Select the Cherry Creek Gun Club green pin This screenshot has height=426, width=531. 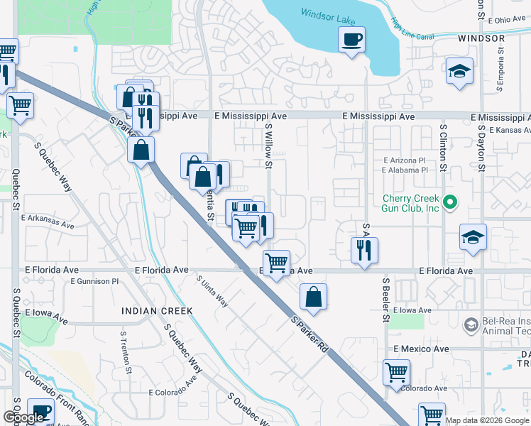[x=449, y=203]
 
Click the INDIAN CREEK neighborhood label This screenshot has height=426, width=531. [x=157, y=311]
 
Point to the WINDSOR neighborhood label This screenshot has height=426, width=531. [x=481, y=38]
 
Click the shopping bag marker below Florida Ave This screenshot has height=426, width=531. [x=313, y=297]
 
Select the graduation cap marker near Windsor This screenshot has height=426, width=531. [x=459, y=71]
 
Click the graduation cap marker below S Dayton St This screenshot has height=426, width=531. [x=473, y=237]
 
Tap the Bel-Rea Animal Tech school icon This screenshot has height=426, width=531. [x=470, y=325]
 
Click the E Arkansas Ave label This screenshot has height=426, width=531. [x=48, y=222]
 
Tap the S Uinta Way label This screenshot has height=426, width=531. [x=213, y=292]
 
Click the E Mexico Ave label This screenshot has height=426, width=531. [x=421, y=349]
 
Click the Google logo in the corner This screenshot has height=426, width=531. [x=23, y=417]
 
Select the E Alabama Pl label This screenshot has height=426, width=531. [x=405, y=170]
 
